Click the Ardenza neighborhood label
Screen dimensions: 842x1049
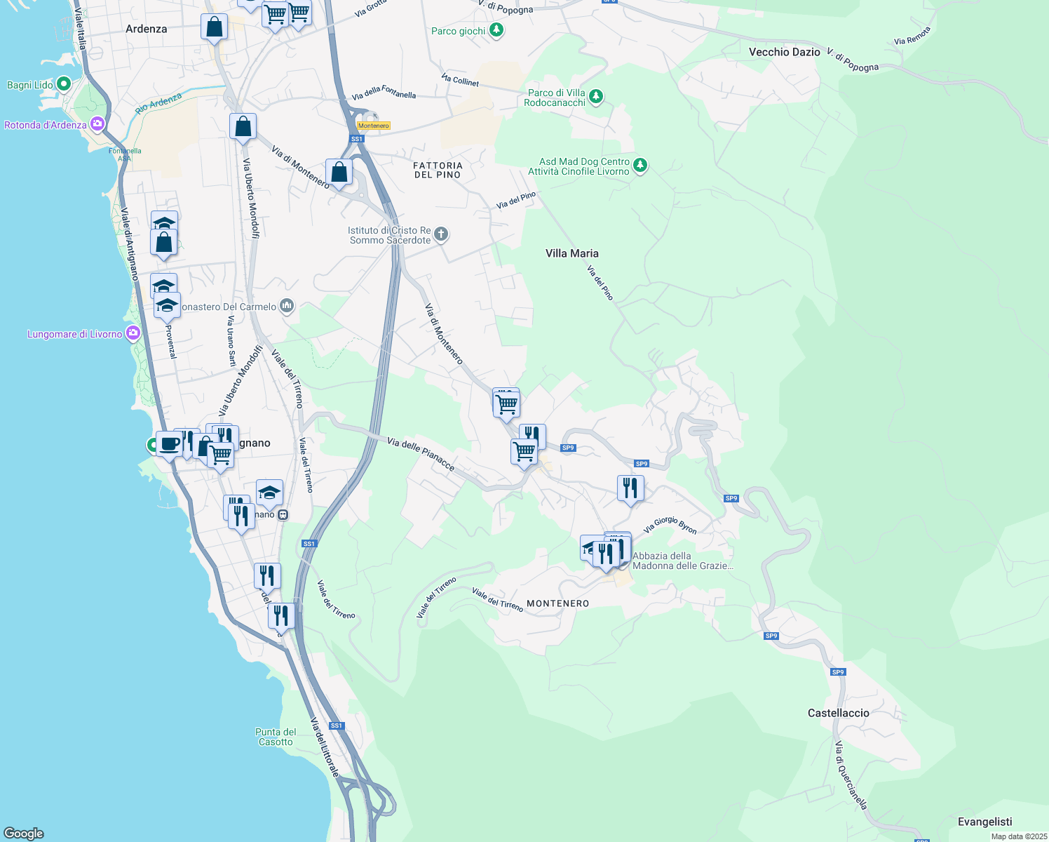(x=146, y=29)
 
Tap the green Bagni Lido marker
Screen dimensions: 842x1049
(x=63, y=85)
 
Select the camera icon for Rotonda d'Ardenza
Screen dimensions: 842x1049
(x=97, y=125)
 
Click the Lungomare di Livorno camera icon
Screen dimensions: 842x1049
(x=133, y=333)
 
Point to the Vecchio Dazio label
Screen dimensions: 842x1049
(x=784, y=52)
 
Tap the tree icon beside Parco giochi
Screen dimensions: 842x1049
(x=496, y=30)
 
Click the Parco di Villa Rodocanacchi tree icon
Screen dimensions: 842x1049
(x=595, y=96)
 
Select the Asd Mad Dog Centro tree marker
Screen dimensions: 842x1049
(x=639, y=166)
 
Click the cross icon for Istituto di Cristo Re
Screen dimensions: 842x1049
(x=440, y=234)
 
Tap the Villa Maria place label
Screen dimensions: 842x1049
(x=572, y=253)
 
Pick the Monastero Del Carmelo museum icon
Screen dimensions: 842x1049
(x=286, y=306)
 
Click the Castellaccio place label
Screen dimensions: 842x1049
(x=838, y=713)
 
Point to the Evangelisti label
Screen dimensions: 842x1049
(x=984, y=822)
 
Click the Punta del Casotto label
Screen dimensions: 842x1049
(x=276, y=737)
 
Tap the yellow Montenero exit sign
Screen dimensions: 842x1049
(x=373, y=126)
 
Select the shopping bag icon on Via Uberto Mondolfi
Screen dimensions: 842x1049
(x=243, y=127)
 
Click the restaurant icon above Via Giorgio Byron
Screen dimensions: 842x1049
(x=630, y=488)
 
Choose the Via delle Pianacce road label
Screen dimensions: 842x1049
(x=421, y=454)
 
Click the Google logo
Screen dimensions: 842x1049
(x=24, y=833)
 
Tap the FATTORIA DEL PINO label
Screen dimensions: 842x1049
(x=438, y=170)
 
